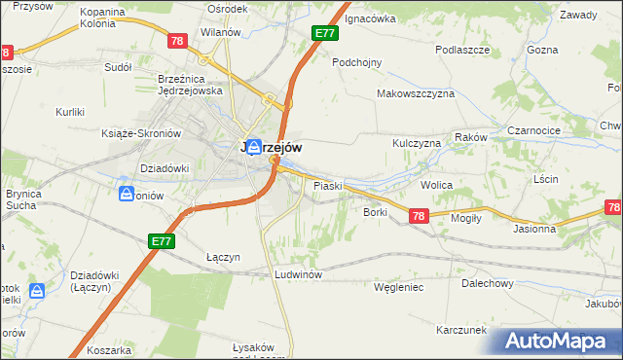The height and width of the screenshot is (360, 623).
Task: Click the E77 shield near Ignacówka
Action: click(x=325, y=34)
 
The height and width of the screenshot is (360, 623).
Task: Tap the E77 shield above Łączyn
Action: click(x=162, y=240)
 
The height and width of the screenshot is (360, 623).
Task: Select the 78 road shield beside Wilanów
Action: click(x=176, y=41)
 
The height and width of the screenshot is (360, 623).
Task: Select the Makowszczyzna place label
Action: click(x=417, y=94)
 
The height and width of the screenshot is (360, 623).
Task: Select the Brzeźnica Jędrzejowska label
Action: click(x=191, y=85)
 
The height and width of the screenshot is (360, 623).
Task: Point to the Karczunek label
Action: click(x=461, y=330)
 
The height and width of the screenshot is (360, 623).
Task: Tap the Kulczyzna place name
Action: click(x=417, y=143)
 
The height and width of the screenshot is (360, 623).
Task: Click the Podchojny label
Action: click(x=356, y=61)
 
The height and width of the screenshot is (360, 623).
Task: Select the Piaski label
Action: click(x=325, y=185)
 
